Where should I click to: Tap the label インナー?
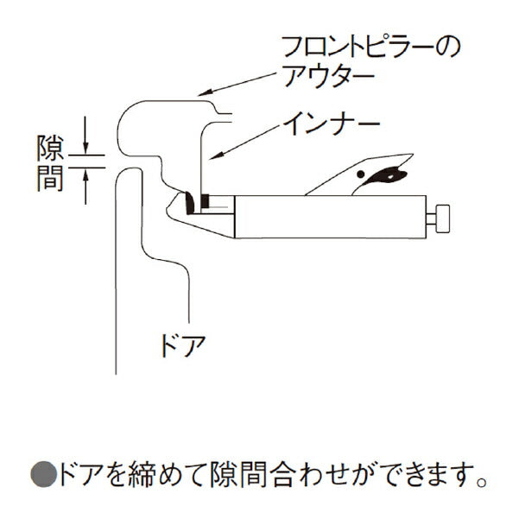tap(332, 126)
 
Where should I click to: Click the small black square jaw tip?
tap(205, 202)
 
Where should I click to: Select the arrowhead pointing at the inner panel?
tap(217, 156)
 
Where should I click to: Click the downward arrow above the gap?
tap(86, 140)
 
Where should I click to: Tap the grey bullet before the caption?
tap(43, 473)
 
